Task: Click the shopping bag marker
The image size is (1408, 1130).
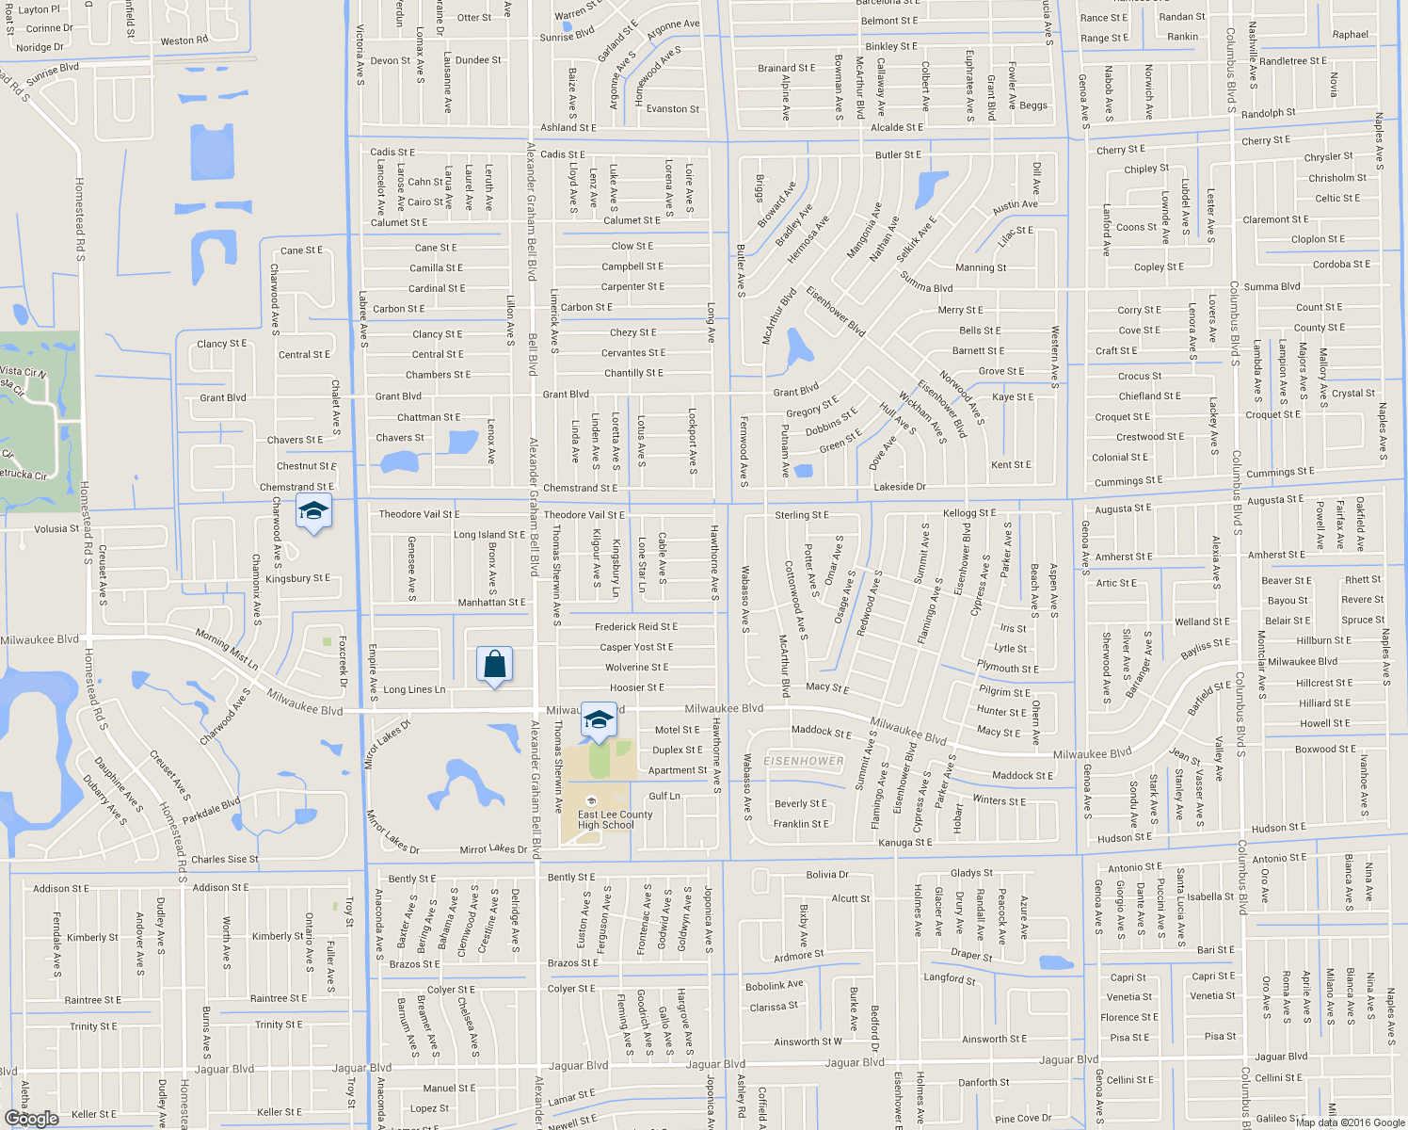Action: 494,665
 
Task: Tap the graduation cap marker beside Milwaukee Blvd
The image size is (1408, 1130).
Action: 599,720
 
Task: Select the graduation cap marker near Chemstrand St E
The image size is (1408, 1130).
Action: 313,512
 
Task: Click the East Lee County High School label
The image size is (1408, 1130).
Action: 615,820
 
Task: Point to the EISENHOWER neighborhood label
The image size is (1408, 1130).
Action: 804,761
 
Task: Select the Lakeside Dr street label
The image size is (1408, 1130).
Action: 900,487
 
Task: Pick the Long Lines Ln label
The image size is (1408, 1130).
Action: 414,690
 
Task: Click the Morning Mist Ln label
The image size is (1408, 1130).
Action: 227,650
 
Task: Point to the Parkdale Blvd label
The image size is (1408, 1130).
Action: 212,809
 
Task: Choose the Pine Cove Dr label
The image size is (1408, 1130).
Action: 1023,1119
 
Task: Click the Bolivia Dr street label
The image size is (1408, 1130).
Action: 827,875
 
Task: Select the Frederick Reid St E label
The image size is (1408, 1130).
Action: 635,627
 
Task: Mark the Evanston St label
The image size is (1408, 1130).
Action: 672,109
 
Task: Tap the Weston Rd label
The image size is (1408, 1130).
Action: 184,41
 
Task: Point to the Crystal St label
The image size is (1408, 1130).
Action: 1353,394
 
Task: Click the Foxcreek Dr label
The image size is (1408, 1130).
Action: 343,661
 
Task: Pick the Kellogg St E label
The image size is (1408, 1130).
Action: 969,513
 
